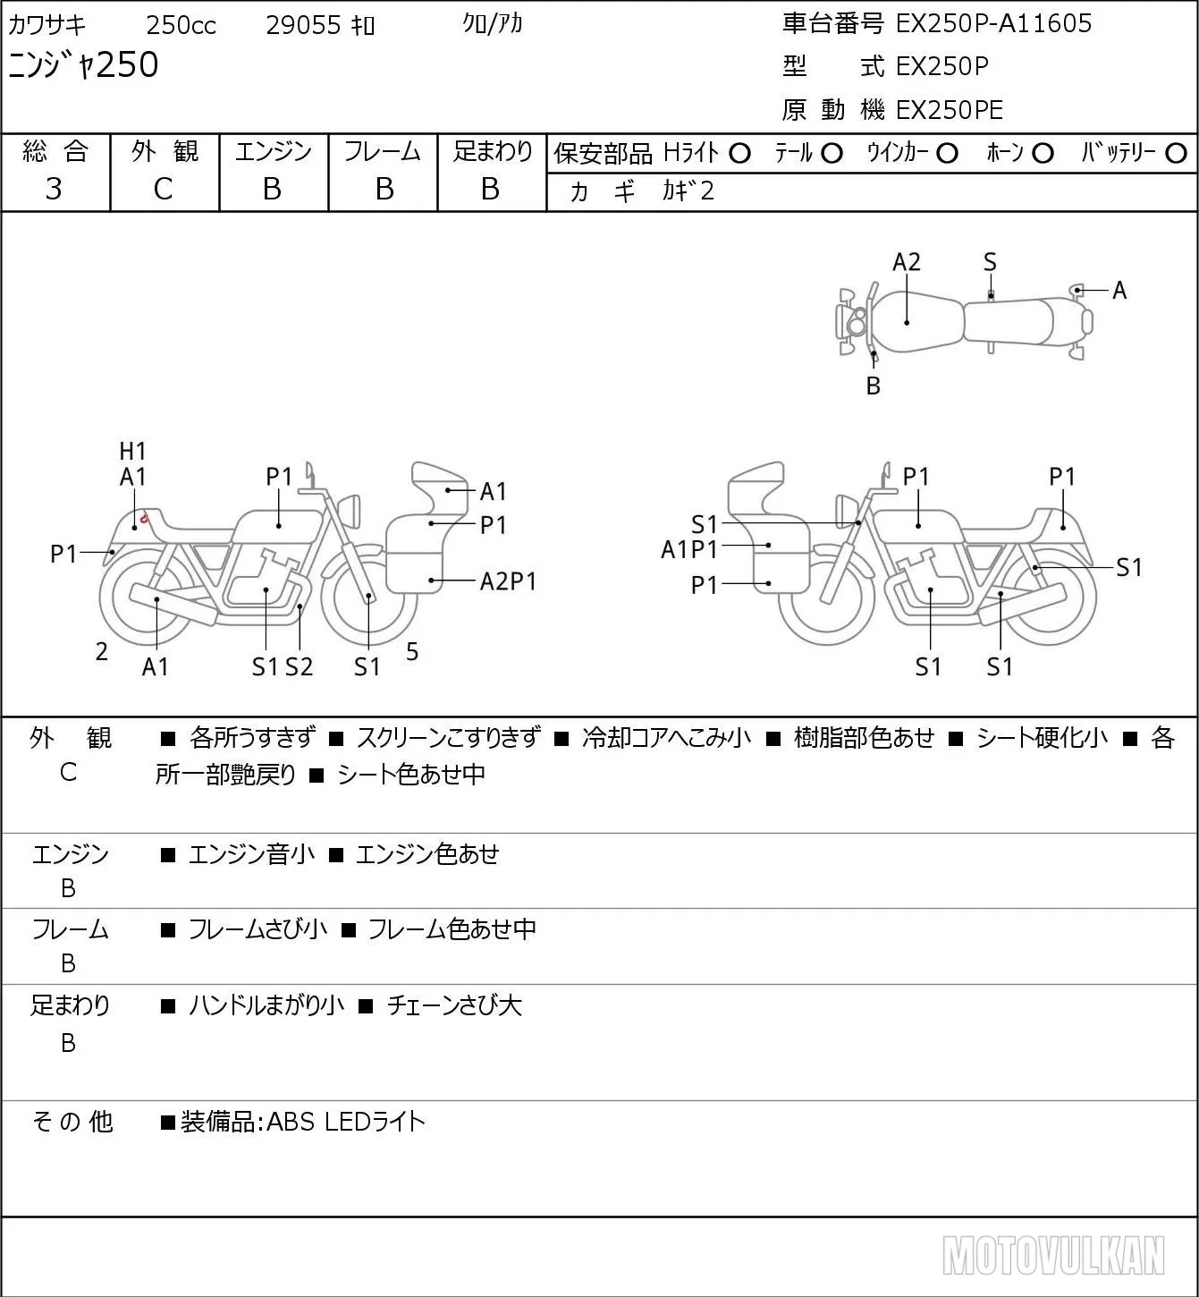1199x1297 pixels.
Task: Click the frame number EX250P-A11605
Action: (x=993, y=23)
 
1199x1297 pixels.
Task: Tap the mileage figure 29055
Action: (x=303, y=25)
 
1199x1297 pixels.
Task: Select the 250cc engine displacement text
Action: (x=181, y=25)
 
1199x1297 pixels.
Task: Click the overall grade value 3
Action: (x=54, y=190)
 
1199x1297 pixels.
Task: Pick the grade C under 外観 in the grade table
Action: (x=163, y=190)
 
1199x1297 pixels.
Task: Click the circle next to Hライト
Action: (x=739, y=154)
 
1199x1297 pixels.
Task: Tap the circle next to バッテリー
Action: (x=1176, y=154)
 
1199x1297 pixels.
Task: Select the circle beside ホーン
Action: (x=1043, y=154)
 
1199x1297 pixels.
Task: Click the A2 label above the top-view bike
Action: (x=907, y=262)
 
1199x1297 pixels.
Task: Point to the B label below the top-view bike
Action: (x=874, y=386)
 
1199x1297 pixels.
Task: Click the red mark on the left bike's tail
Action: (x=144, y=518)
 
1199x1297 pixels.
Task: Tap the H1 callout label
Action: (x=132, y=451)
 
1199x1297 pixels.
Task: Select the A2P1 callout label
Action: (x=508, y=581)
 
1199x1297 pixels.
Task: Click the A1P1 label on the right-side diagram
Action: (x=689, y=550)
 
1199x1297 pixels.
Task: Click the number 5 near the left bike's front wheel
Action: (x=412, y=651)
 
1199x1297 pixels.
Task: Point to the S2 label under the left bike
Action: (x=300, y=666)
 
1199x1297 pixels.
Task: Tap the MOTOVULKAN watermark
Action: (x=1053, y=1256)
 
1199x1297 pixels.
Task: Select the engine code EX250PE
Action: (x=950, y=110)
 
